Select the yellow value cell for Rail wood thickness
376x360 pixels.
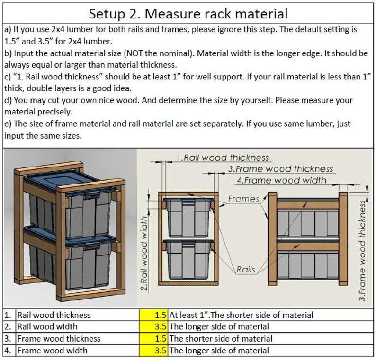pyautogui.click(x=153, y=315)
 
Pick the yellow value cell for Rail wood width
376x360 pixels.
pyautogui.click(x=153, y=326)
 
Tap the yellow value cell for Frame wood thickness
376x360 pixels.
pyautogui.click(x=153, y=338)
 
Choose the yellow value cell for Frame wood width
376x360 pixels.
pyautogui.click(x=153, y=350)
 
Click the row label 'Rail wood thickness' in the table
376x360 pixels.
pyautogui.click(x=54, y=315)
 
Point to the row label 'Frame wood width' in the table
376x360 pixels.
pyautogui.click(x=52, y=350)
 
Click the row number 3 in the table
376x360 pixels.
pyautogui.click(x=8, y=338)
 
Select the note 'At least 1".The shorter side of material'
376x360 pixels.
pyautogui.click(x=241, y=315)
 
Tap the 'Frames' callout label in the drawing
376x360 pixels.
pyautogui.click(x=243, y=199)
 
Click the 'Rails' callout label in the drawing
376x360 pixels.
pyautogui.click(x=246, y=270)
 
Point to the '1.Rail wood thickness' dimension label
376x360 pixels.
pyautogui.click(x=223, y=158)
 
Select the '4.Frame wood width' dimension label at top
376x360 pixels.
pyautogui.click(x=281, y=180)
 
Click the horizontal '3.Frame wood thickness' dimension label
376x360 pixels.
pyautogui.click(x=280, y=169)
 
